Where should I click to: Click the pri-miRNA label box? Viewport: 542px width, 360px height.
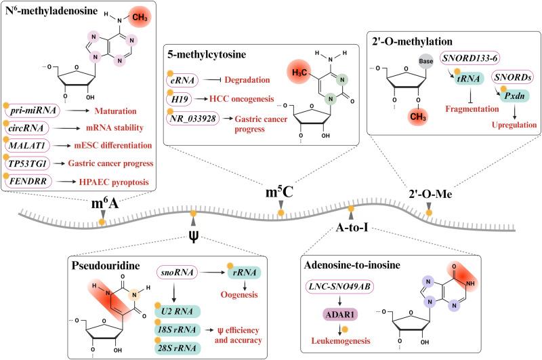[31, 109]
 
